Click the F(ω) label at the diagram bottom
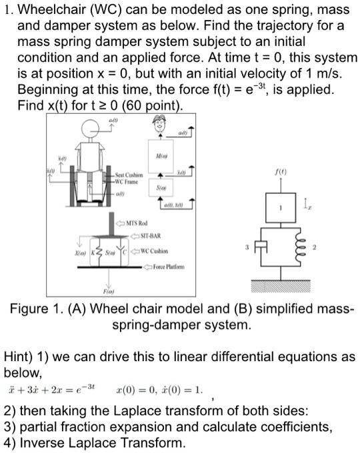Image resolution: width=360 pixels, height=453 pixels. click(89, 292)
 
